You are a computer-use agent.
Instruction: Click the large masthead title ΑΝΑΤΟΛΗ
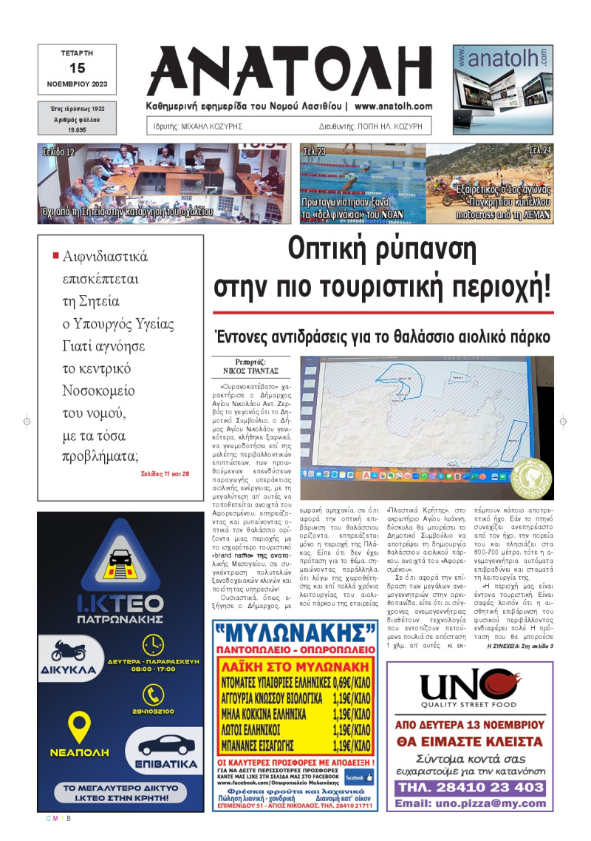pos(295,71)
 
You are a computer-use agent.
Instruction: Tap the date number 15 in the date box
pos(77,68)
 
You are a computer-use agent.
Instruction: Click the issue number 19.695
pos(77,129)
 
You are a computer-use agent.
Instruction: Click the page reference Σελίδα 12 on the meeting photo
pos(59,152)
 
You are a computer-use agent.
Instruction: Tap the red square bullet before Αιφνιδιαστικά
pos(55,256)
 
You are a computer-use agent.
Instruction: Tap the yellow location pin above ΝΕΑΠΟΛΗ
pos(79,727)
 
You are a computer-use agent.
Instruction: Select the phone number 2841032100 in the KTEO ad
pos(155,711)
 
